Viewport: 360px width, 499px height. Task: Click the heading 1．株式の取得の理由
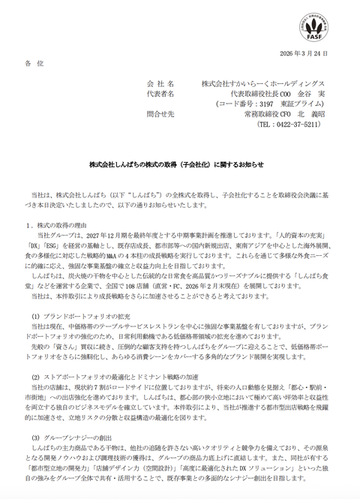[60, 224]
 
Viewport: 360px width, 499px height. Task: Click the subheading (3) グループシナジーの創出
[74, 437]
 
